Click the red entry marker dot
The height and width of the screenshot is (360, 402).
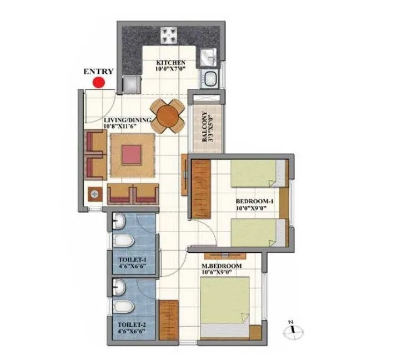[x=99, y=83]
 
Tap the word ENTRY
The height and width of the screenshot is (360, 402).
[x=98, y=71]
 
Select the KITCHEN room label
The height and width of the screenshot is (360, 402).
[x=170, y=62]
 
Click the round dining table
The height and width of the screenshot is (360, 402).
[x=168, y=116]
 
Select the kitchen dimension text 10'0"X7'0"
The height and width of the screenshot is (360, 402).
[x=170, y=69]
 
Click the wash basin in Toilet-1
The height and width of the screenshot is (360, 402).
[x=118, y=222]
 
